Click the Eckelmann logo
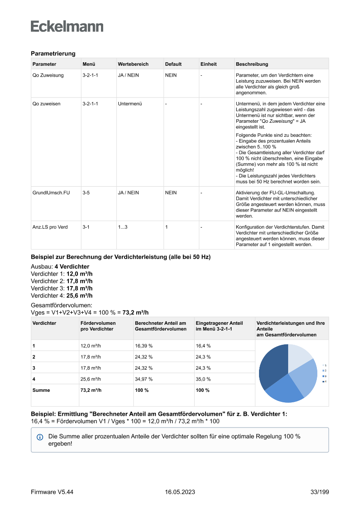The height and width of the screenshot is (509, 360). [67, 26]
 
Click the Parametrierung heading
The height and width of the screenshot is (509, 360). [53, 54]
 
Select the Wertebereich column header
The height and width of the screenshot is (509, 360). [133, 64]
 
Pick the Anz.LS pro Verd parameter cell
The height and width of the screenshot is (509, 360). [50, 227]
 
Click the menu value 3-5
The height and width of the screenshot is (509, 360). [86, 192]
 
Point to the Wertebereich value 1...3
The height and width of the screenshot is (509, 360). [123, 227]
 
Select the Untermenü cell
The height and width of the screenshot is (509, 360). [130, 104]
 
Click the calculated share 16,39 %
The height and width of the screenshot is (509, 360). [144, 346]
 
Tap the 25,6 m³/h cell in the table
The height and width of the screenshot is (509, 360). [91, 379]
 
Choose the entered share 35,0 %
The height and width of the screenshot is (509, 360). [203, 379]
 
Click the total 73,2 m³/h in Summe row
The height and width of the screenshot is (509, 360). [91, 390]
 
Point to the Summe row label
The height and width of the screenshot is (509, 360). [41, 390]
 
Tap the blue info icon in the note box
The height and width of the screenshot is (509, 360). [40, 437]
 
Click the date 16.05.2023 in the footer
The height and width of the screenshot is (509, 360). [180, 492]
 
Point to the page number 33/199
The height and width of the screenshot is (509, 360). [320, 492]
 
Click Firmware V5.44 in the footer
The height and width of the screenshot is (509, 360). [52, 492]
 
